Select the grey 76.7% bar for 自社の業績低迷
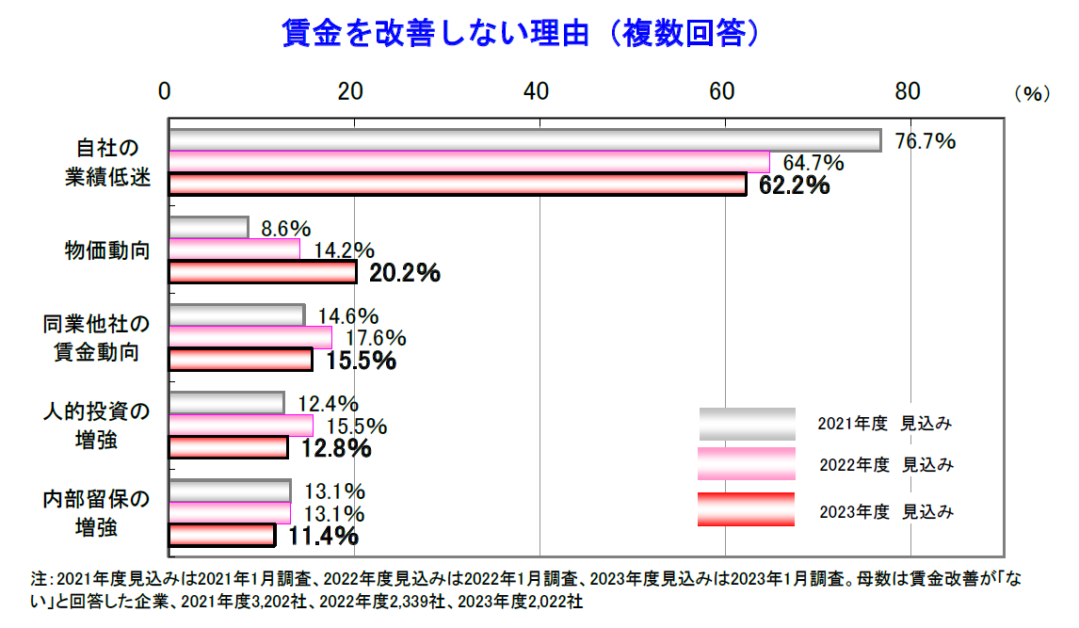524,140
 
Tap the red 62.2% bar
457,185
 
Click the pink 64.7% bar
469,162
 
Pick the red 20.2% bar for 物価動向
263,272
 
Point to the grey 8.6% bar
208,228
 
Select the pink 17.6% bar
250,337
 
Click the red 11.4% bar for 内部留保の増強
221,535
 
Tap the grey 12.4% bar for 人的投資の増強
226,403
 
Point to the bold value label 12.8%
336,448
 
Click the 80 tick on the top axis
908,91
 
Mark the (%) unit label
1031,93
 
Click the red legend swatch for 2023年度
747,509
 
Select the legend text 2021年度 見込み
886,424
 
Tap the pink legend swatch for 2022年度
747,464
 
